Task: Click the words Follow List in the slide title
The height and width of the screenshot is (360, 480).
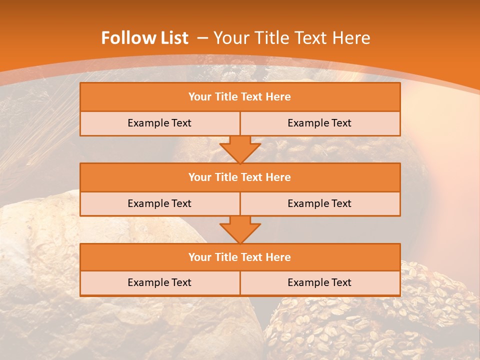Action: click(144, 38)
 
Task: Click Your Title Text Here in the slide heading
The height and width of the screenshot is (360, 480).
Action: click(291, 38)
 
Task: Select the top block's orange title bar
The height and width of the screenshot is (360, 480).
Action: click(240, 97)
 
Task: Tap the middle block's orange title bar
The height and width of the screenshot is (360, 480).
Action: click(240, 177)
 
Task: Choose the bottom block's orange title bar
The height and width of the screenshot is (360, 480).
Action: click(240, 257)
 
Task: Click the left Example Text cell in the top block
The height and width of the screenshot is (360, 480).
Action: click(159, 123)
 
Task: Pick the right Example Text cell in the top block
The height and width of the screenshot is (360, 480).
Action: click(319, 123)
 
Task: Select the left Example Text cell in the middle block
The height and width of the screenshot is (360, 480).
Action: click(159, 203)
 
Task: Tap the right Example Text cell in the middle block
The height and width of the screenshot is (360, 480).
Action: click(319, 203)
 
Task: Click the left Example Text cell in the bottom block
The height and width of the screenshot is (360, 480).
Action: click(159, 282)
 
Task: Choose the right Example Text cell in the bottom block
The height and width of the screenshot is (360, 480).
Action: click(319, 282)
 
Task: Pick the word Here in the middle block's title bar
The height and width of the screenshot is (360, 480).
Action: click(278, 177)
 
